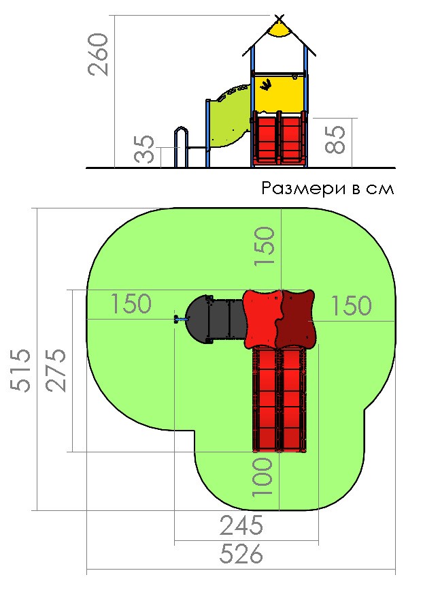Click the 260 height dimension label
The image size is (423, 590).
(x=98, y=55)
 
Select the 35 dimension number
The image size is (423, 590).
(x=145, y=149)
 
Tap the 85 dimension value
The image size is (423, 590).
(x=335, y=139)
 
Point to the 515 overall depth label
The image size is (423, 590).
(x=20, y=371)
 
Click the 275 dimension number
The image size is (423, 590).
(x=56, y=371)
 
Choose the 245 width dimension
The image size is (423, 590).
(x=241, y=525)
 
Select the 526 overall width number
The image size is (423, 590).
(x=241, y=553)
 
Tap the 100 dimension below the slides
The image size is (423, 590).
(x=262, y=477)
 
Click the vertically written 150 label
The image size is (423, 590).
(x=265, y=247)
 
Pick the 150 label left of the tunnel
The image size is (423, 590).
(x=131, y=303)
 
